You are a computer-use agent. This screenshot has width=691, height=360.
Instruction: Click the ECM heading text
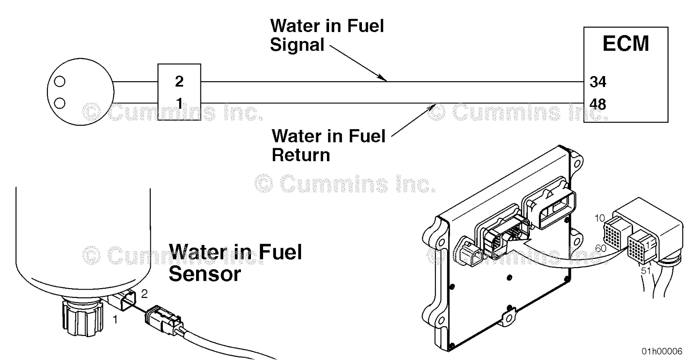(625, 44)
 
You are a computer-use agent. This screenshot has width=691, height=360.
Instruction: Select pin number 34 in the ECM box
(598, 82)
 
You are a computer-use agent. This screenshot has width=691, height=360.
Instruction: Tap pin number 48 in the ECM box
(598, 104)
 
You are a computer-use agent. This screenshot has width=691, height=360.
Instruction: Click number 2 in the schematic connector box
(179, 81)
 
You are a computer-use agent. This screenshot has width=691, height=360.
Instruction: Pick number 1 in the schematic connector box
(179, 104)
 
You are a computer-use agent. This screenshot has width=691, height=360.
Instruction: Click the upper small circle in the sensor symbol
(60, 81)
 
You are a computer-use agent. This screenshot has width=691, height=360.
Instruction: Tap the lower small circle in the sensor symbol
(60, 103)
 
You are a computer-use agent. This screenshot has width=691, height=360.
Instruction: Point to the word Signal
(297, 45)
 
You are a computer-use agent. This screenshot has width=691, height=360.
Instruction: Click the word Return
(301, 155)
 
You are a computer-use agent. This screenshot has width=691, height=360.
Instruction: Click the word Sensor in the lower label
(205, 274)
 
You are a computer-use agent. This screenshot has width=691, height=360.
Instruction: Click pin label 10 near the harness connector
(600, 218)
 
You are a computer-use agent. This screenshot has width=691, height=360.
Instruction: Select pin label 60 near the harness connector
(600, 248)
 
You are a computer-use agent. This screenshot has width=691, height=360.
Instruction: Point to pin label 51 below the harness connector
(645, 271)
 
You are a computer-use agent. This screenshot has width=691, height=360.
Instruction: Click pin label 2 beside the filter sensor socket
(144, 294)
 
